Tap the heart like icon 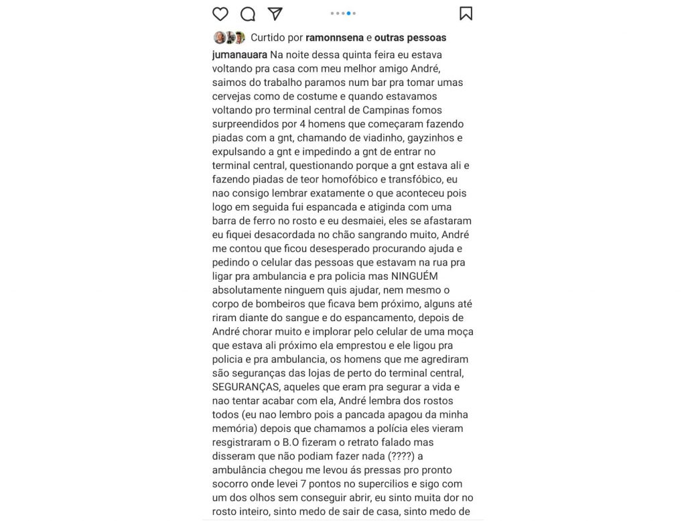[x=220, y=13]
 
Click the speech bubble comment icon [x=248, y=13]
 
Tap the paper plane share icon [x=275, y=13]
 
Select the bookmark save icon [x=466, y=13]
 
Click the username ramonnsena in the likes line [x=334, y=38]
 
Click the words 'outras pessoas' [x=410, y=38]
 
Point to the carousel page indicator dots [x=343, y=13]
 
